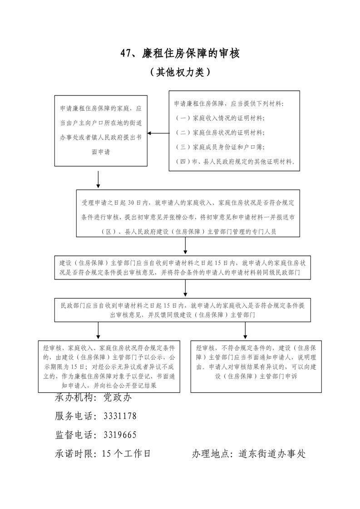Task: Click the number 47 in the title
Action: point(126,54)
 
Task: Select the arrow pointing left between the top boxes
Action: point(157,133)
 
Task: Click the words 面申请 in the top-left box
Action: point(101,152)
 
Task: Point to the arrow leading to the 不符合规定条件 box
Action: point(245,331)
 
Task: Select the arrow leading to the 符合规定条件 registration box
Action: point(98,331)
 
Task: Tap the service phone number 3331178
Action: point(120,416)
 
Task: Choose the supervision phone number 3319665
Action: point(120,435)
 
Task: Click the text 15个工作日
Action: point(126,453)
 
